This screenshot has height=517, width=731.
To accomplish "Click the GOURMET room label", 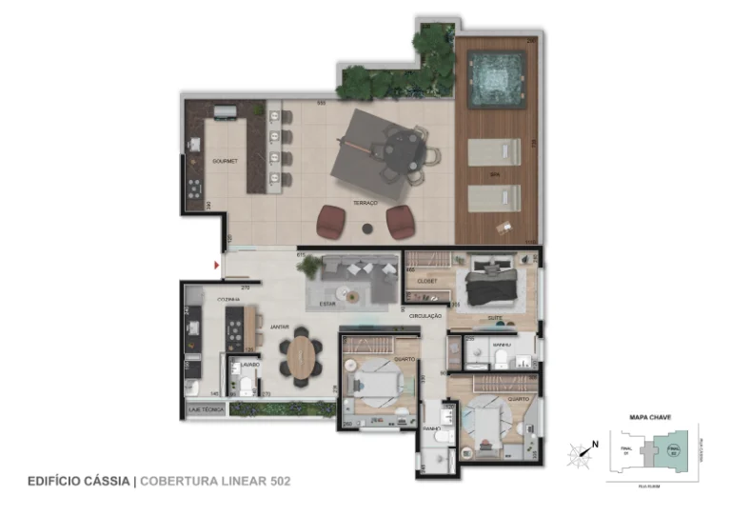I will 225,161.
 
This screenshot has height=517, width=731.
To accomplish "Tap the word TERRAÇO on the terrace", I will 365,204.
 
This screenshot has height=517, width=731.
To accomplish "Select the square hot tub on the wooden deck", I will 497,74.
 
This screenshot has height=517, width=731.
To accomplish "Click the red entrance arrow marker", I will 218,264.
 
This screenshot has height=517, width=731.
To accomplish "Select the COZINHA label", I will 228,299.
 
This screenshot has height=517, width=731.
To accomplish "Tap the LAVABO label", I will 250,364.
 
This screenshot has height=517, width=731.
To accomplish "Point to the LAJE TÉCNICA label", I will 207,408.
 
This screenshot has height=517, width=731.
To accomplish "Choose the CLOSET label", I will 426,281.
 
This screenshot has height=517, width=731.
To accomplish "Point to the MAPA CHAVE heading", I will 647,417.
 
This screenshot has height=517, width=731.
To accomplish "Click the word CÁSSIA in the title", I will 108,481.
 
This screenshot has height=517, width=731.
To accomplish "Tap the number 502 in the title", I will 276,481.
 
